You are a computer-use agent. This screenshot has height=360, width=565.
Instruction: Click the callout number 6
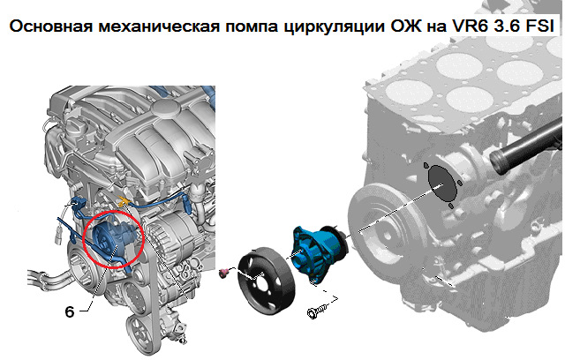coord(70,311)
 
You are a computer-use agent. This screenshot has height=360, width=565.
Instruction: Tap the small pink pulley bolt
coord(223,274)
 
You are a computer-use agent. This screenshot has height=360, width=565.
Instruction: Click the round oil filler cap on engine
coord(165,108)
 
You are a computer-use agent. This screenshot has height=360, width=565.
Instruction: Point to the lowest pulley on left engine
coord(139,334)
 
